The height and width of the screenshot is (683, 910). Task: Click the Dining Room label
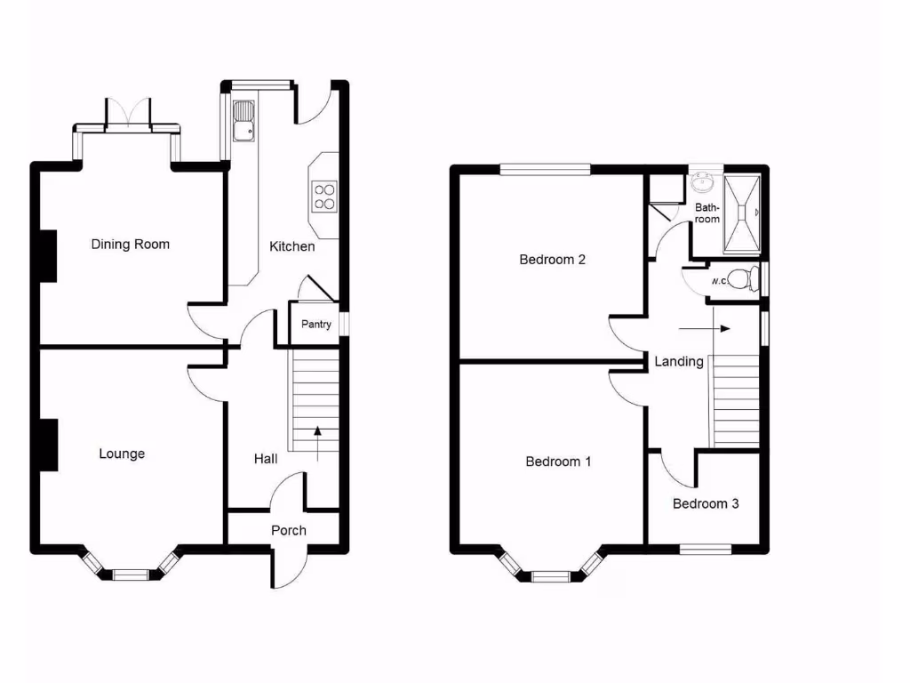[130, 245]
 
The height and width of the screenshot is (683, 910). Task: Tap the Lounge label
[122, 454]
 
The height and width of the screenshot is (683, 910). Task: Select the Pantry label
[316, 325]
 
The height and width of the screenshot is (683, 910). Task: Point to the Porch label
[288, 531]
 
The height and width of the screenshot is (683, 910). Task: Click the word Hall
[266, 459]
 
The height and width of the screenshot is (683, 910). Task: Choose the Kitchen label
[292, 246]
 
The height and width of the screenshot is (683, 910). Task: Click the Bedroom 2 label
[552, 261]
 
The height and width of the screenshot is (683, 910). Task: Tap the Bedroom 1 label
[558, 462]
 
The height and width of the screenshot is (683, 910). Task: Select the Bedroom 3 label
[705, 504]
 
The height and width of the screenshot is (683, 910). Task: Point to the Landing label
[679, 362]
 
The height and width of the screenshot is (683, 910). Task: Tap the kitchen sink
[243, 122]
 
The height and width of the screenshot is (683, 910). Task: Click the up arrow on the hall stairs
[317, 443]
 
